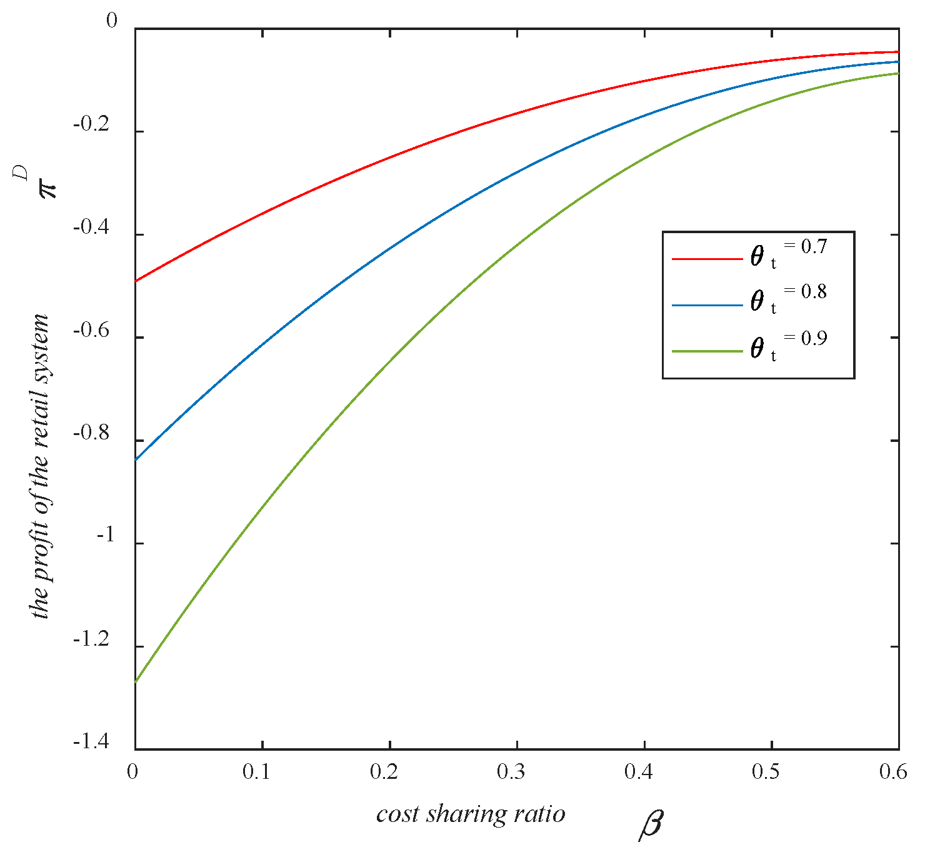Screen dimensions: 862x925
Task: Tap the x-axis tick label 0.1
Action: [256, 773]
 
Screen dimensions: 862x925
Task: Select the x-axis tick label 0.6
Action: [892, 773]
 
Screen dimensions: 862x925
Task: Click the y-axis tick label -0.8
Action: [91, 434]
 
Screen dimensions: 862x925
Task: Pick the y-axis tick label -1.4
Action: [91, 743]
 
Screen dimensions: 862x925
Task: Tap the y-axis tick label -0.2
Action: [91, 125]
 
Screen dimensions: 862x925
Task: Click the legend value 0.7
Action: [814, 247]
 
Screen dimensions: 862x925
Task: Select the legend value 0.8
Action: [814, 292]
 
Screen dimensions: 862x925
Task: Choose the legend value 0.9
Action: [814, 338]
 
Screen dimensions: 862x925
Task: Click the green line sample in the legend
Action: [706, 352]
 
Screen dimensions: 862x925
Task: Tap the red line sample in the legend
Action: [706, 258]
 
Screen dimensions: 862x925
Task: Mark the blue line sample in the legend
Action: [706, 305]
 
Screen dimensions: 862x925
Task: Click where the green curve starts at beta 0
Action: [136, 682]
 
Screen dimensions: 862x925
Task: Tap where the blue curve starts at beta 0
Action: [136, 459]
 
